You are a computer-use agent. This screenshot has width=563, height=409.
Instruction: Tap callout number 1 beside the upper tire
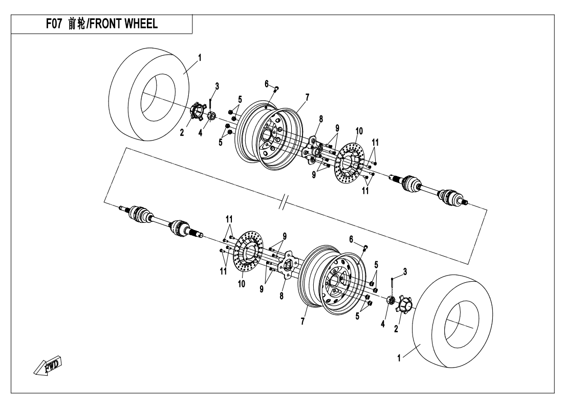[200, 58]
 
